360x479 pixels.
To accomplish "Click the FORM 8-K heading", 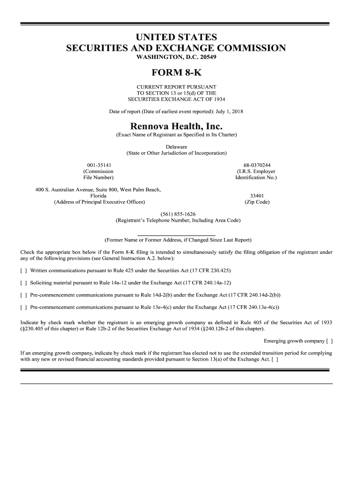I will (176, 73).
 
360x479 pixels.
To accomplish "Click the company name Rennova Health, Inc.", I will (176, 126).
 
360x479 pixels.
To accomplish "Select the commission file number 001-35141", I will (99, 165).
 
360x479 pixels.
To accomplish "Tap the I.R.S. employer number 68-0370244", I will (257, 165).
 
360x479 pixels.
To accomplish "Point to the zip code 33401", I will (257, 196).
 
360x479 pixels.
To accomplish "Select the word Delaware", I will (176, 147).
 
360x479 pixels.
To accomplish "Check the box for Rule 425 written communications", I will (23, 271).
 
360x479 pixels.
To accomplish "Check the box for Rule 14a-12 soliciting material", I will (23, 283).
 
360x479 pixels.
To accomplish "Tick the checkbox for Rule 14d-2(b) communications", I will (23, 295).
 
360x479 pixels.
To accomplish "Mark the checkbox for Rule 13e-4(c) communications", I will (23, 307).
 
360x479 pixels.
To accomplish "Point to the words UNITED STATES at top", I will (176, 37).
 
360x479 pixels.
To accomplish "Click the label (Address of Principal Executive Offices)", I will (99, 202).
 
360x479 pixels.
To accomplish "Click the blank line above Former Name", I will (176, 235).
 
